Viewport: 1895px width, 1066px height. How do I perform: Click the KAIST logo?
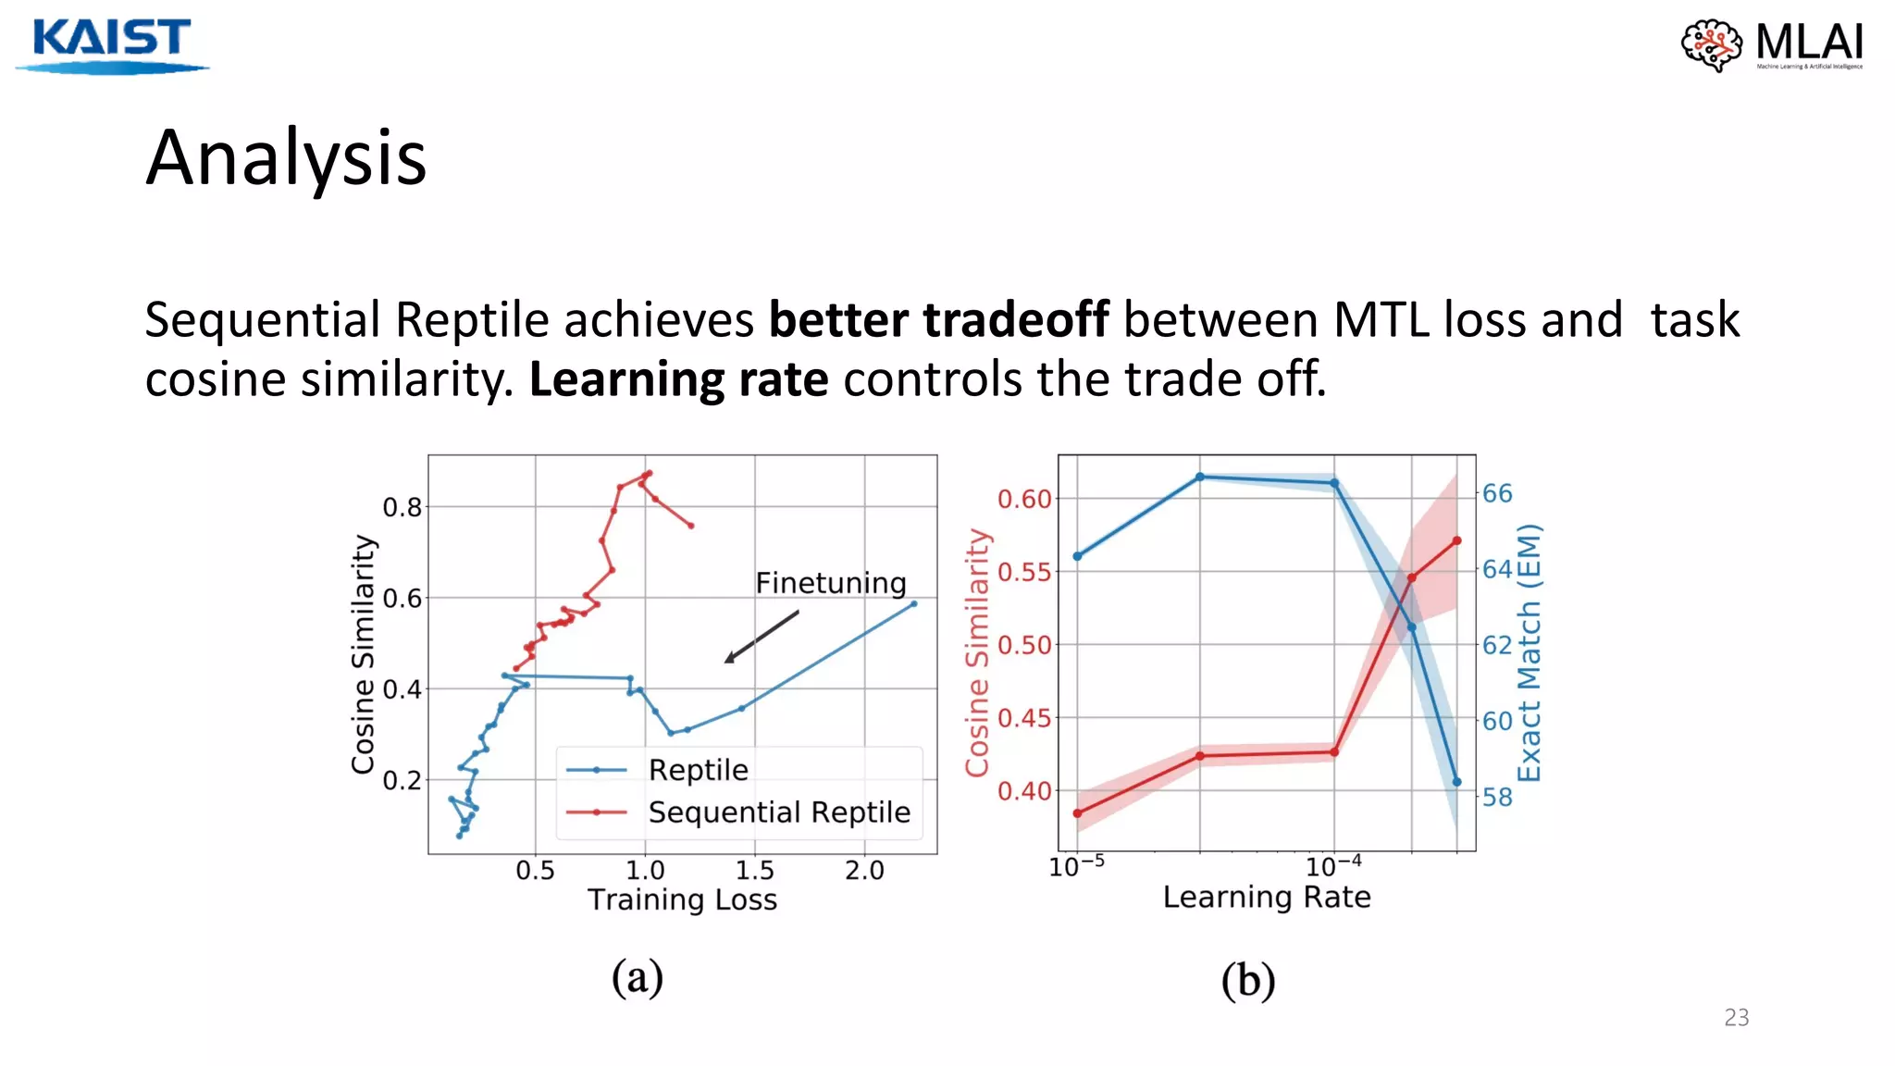111,43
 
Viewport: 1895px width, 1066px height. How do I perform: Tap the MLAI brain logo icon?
1711,44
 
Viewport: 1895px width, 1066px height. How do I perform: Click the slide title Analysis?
286,158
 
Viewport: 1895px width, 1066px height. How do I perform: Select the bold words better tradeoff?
938,320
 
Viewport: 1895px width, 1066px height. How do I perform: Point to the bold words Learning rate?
678,379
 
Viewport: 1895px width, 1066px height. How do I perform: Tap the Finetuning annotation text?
830,583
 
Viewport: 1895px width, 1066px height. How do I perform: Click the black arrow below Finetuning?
761,636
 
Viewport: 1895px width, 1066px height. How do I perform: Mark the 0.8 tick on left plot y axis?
402,507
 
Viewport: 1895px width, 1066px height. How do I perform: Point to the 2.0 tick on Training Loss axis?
864,870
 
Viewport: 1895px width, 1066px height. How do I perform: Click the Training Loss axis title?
682,899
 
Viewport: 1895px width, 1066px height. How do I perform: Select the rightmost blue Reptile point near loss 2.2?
913,604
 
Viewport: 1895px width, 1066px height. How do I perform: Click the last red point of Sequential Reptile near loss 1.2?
691,526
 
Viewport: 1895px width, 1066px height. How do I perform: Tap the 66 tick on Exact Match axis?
1497,493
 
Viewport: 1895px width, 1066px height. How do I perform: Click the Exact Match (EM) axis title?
1530,652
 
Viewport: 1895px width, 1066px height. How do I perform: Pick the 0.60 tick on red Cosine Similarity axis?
1024,499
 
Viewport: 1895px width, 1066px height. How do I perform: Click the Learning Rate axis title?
1266,897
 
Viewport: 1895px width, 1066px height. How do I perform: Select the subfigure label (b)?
1247,980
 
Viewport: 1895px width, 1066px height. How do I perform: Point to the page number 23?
1736,1018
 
